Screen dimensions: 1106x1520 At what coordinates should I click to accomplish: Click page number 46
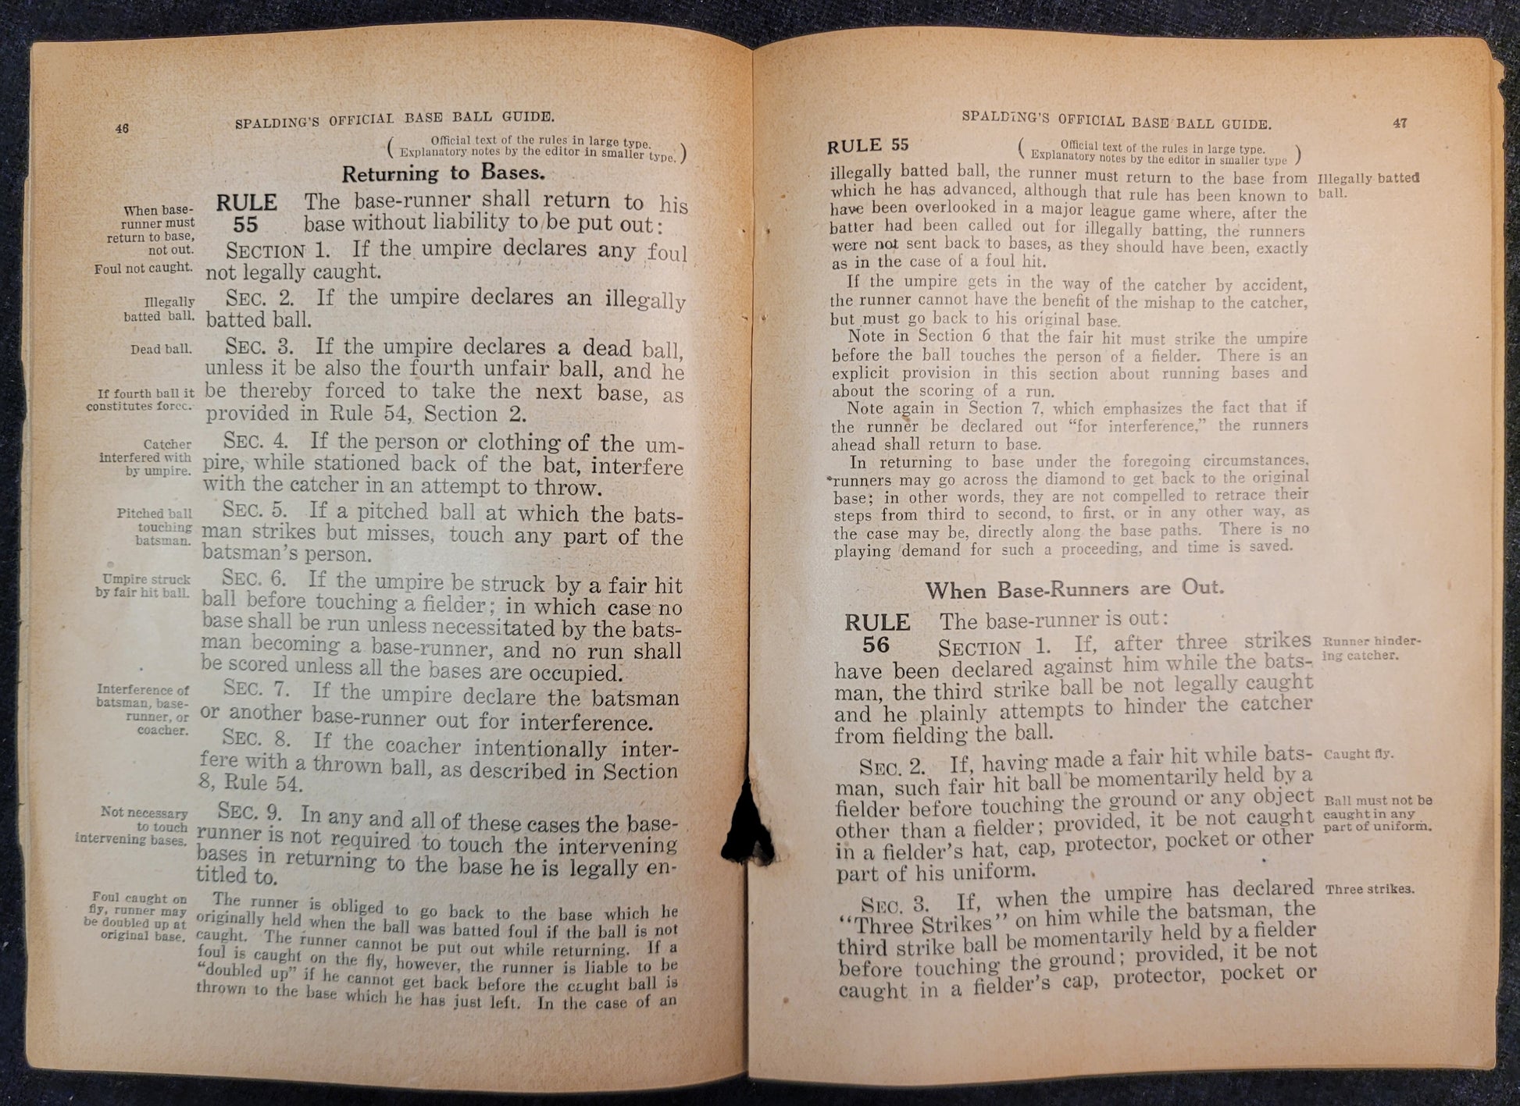[122, 129]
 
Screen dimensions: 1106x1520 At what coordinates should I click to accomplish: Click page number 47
[1399, 123]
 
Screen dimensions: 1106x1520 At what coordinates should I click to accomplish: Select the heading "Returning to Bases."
[443, 173]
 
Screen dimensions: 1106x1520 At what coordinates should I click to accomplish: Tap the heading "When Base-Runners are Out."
[1074, 589]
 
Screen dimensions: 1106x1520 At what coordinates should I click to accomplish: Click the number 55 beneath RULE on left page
[246, 225]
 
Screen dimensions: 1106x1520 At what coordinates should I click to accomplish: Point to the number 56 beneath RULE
[876, 645]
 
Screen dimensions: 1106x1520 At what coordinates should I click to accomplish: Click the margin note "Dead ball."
[161, 349]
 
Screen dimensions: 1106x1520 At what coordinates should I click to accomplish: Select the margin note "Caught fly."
[1358, 754]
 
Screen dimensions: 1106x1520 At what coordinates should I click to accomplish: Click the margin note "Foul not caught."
[143, 268]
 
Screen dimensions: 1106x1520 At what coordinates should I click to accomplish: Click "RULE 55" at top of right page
[868, 146]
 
